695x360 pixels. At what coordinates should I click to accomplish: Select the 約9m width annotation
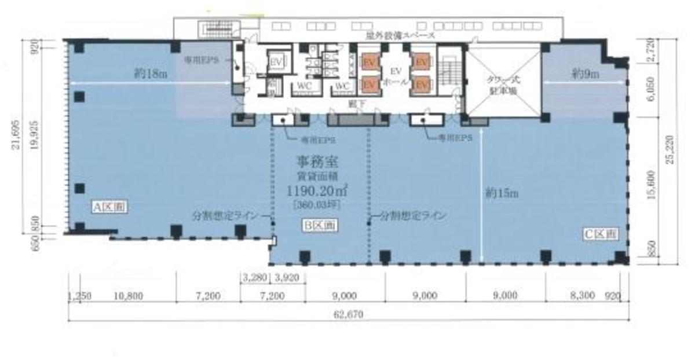pyautogui.click(x=586, y=74)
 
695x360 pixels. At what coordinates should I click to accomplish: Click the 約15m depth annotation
pyautogui.click(x=503, y=193)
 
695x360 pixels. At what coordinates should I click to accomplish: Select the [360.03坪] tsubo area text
pyautogui.click(x=319, y=204)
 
